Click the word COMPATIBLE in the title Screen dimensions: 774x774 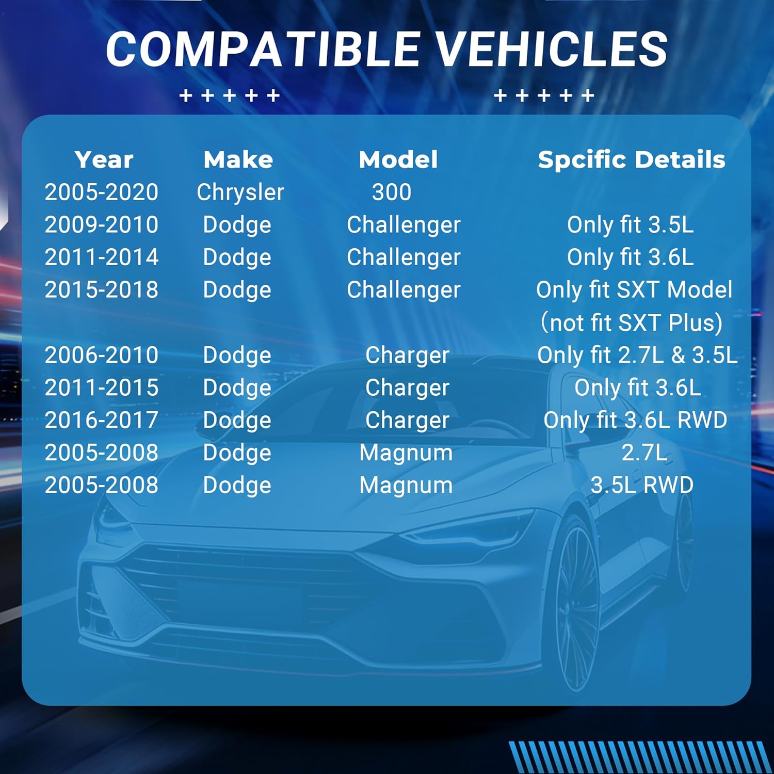(263, 49)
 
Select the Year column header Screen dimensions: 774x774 (104, 159)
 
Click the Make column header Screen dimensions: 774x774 (238, 159)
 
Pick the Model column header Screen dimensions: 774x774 (398, 159)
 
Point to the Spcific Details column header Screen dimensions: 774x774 (632, 159)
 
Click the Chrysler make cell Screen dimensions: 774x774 (240, 192)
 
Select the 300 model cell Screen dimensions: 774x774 (392, 192)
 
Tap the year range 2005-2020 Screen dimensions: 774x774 (102, 192)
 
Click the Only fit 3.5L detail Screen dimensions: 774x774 (631, 225)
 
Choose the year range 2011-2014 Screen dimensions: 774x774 (102, 257)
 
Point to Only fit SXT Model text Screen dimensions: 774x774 (634, 290)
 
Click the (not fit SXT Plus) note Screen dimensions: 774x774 (632, 323)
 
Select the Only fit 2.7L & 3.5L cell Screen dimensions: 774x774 (637, 355)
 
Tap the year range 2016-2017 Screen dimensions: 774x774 (102, 420)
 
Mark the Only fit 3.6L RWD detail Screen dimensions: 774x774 (636, 420)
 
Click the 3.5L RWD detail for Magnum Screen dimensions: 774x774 (642, 485)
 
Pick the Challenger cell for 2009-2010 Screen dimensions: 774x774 (404, 225)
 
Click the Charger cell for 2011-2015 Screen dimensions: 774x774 (407, 388)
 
